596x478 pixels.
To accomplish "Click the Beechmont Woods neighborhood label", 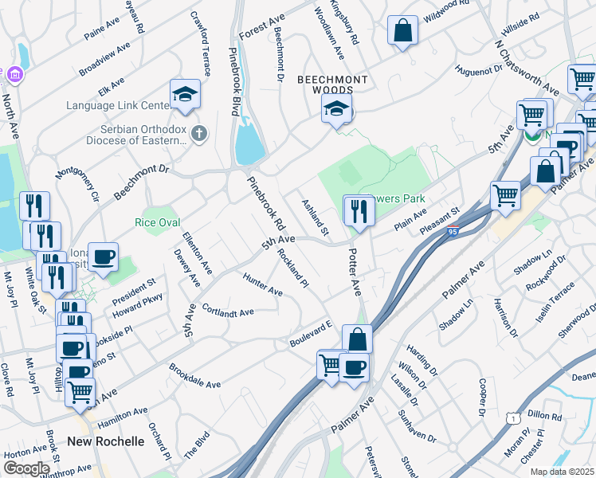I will [333, 85].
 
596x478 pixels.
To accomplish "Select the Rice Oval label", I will [157, 222].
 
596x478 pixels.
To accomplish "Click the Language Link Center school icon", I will [185, 95].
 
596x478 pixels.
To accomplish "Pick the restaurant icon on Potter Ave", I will [359, 210].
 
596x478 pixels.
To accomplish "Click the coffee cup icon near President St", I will [103, 257].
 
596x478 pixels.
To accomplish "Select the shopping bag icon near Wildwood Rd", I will [403, 31].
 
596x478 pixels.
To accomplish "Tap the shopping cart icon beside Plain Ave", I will [505, 195].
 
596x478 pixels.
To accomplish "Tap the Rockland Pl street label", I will [292, 267].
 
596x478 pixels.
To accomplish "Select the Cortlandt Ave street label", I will [228, 310].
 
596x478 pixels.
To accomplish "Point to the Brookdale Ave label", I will [194, 376].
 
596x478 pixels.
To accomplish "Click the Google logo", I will [25, 468].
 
